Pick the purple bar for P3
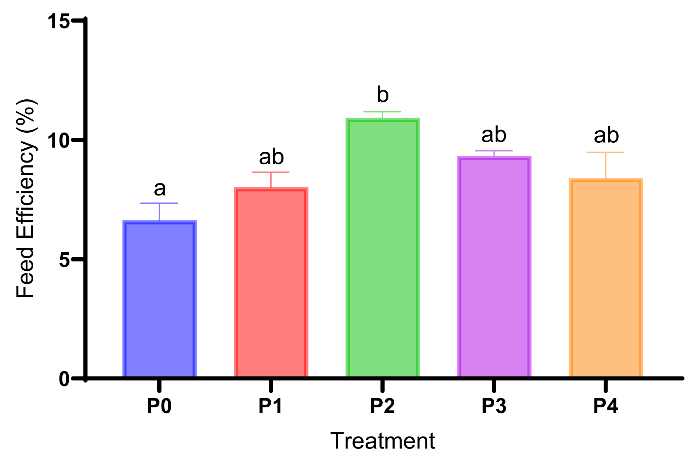pos(494,266)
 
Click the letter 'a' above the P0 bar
pos(159,189)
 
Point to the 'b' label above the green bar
pos(383,95)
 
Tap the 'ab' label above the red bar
pos(271,157)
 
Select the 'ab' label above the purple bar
pos(494,135)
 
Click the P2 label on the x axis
pos(382,406)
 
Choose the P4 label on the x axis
pos(605,406)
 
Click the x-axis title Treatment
pos(382,441)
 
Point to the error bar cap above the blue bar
pos(159,203)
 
